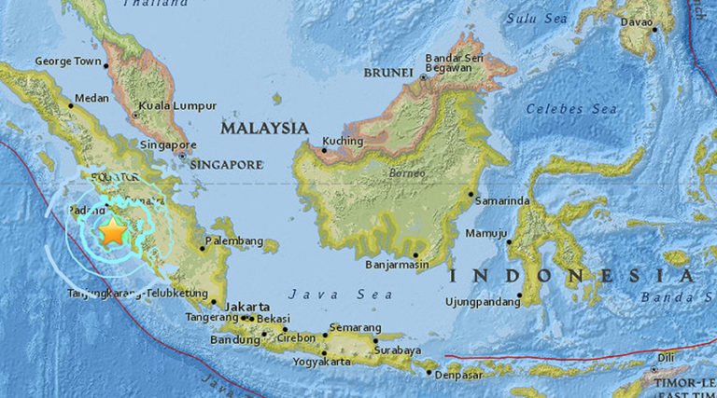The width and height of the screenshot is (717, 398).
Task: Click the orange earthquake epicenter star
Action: tap(112, 233)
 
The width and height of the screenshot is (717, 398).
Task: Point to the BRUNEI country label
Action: tap(389, 72)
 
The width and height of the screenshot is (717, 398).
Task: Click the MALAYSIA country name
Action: tap(264, 127)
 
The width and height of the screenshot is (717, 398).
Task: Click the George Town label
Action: tap(66, 62)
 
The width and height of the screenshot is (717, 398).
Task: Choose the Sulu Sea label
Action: tap(538, 18)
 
